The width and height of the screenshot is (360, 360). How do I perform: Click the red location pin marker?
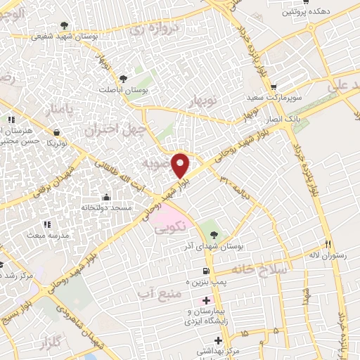click(x=181, y=165)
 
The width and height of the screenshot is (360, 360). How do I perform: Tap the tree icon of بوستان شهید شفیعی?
click(x=66, y=25)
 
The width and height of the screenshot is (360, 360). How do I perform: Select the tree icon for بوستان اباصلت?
click(x=124, y=79)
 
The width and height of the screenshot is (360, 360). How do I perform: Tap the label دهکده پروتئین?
click(x=305, y=13)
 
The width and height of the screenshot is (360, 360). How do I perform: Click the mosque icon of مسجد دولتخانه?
click(x=106, y=198)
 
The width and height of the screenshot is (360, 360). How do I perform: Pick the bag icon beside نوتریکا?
click(x=56, y=131)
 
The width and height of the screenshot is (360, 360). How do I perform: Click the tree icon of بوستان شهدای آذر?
click(x=214, y=235)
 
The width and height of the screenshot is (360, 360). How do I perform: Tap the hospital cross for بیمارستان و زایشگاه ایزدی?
click(x=195, y=301)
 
